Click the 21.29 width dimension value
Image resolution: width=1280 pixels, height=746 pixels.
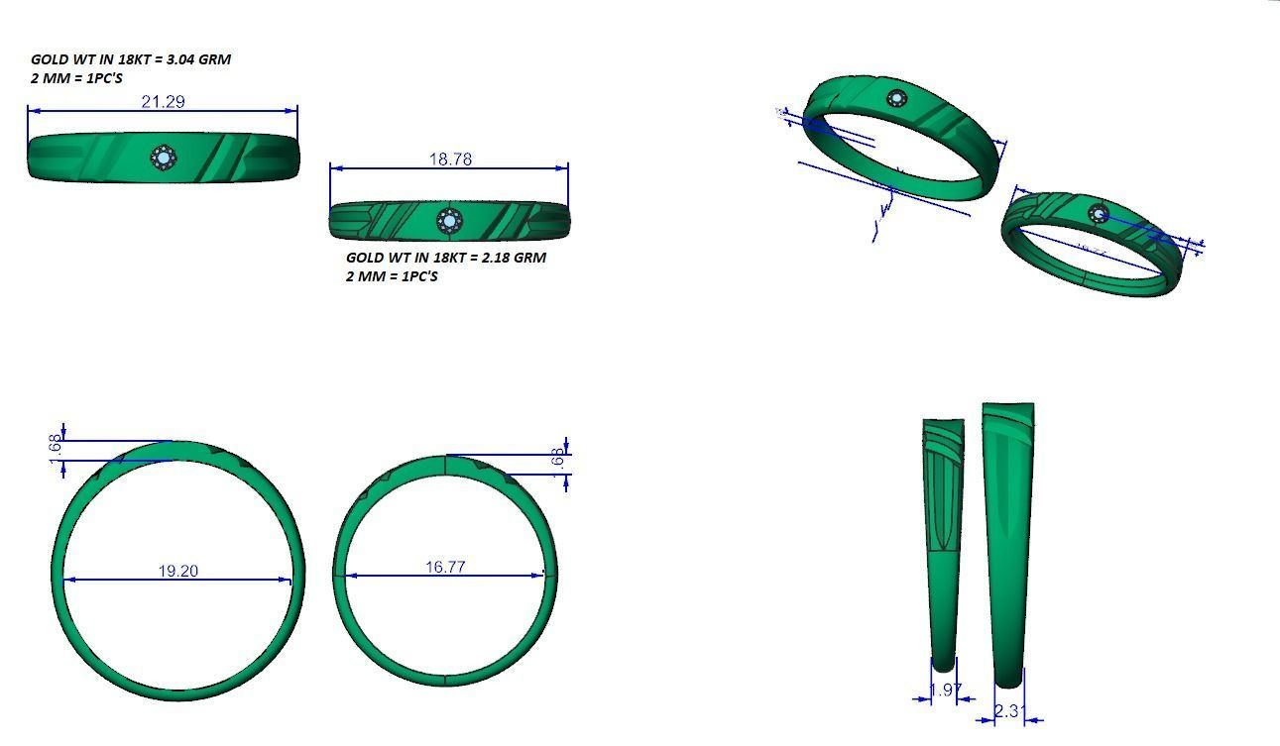[164, 101]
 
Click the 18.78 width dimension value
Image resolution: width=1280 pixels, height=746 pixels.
[450, 159]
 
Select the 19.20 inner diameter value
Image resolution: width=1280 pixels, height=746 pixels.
[177, 571]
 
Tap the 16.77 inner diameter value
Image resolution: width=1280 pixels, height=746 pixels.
[445, 567]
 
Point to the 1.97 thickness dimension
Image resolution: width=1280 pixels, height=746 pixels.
[944, 690]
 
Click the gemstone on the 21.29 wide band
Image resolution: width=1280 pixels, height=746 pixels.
[163, 158]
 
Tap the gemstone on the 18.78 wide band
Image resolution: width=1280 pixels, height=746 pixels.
[449, 220]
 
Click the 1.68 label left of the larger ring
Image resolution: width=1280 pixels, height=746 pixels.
[56, 446]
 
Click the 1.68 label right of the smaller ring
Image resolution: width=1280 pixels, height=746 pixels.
[557, 458]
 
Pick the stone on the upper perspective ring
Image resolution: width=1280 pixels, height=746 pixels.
[897, 98]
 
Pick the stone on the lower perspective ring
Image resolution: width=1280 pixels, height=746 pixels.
[1098, 213]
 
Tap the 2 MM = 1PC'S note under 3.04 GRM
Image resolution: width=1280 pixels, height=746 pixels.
[77, 78]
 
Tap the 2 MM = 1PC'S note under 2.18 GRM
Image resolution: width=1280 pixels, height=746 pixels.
[392, 276]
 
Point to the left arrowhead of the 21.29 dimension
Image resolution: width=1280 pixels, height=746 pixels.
[32, 110]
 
